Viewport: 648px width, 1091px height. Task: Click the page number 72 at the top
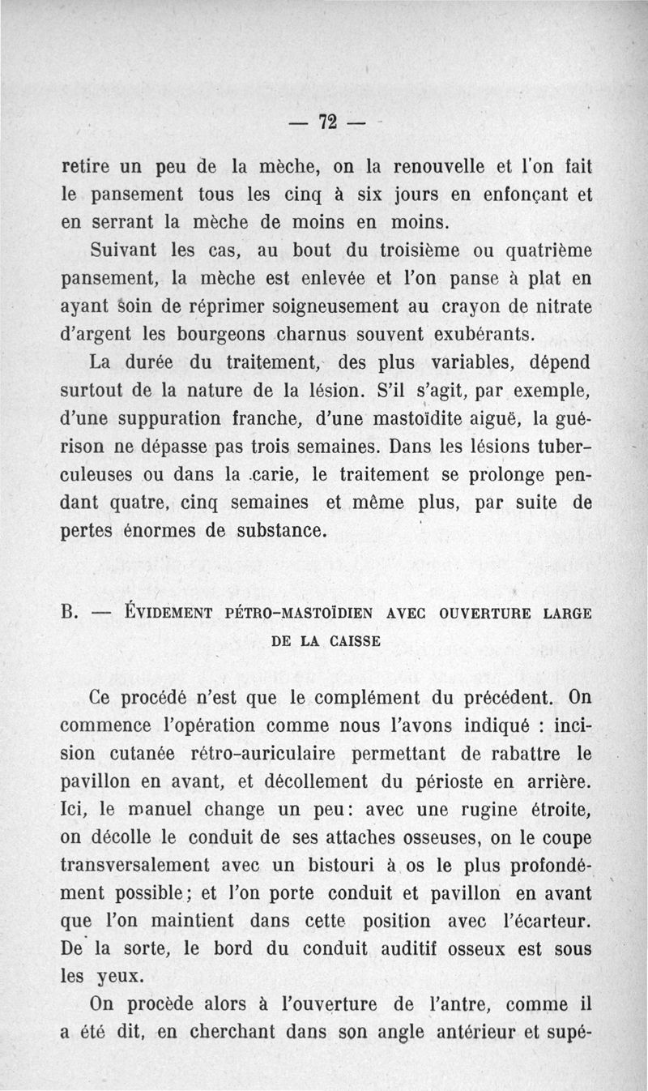(x=327, y=122)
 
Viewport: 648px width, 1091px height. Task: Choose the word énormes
(x=168, y=532)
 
